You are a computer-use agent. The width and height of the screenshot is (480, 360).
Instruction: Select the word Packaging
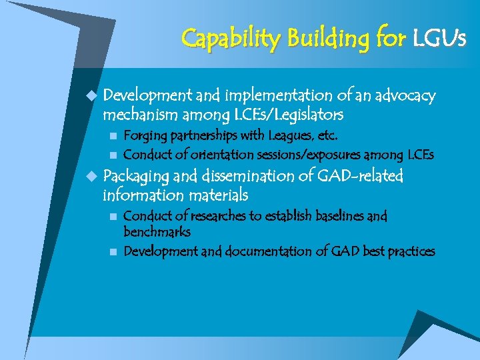136,177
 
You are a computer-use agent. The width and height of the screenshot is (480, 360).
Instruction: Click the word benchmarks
157,232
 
